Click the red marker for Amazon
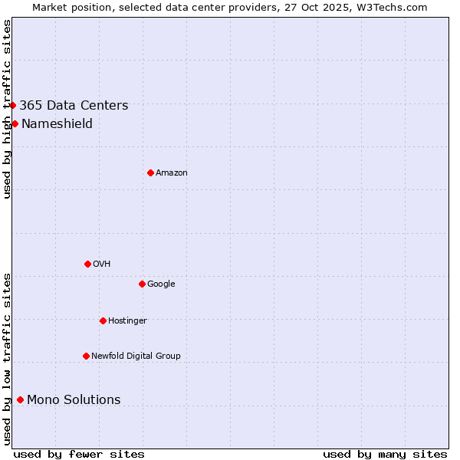point(150,172)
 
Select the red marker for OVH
point(87,264)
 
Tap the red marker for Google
point(142,284)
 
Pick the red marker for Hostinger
point(103,320)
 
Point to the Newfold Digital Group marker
point(86,356)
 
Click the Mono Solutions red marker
point(20,399)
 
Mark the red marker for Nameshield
point(15,123)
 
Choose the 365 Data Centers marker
point(13,105)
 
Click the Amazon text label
point(172,173)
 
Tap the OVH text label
point(102,264)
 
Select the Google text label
point(161,284)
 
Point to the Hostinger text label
point(127,321)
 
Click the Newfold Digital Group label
point(136,356)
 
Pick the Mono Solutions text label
point(74,400)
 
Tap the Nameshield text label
point(57,124)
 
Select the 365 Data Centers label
point(74,106)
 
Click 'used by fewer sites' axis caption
point(79,455)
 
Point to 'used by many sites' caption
point(385,455)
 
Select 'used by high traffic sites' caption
point(7,109)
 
